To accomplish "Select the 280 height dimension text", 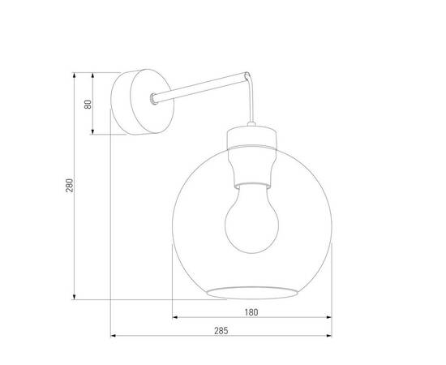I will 69,185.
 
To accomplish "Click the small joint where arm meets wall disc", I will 152,100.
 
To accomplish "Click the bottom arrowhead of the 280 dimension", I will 75,297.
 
